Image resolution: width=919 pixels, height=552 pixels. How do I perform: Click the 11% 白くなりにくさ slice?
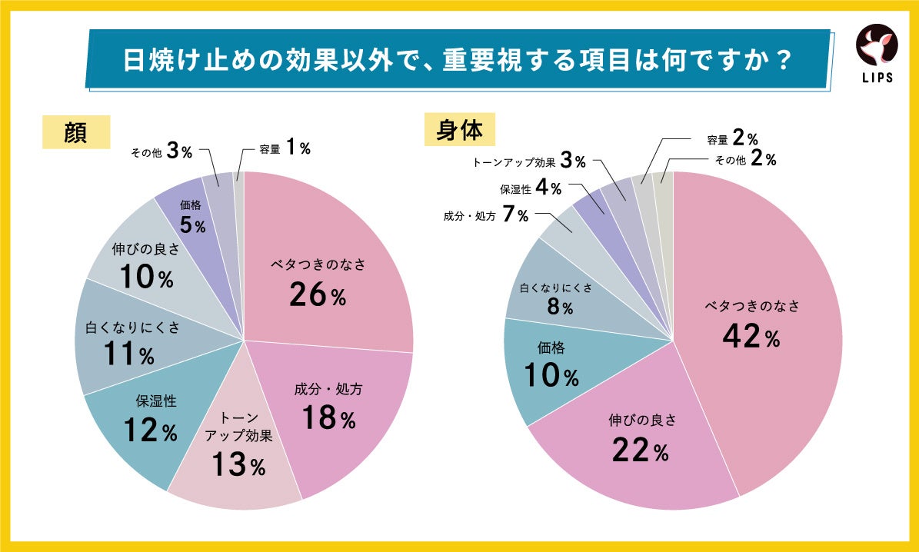pyautogui.click(x=123, y=342)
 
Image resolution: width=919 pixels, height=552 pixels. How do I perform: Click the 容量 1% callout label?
pyautogui.click(x=285, y=149)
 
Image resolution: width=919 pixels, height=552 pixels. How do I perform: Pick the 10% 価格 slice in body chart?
pyautogui.click(x=551, y=365)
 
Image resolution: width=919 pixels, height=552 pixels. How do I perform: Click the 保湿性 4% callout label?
pyautogui.click(x=531, y=188)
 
